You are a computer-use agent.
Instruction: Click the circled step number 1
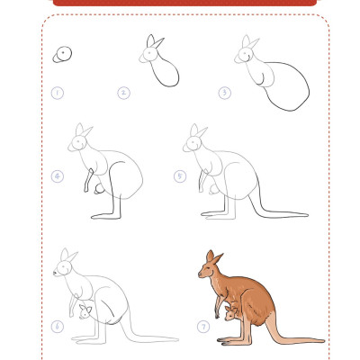tap(58, 93)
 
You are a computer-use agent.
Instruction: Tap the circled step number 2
tap(123, 93)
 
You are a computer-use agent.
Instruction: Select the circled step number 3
tap(225, 93)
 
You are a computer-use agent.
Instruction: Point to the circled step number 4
tap(58, 176)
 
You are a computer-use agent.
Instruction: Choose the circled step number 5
tap(180, 176)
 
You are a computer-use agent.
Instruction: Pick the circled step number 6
tap(58, 326)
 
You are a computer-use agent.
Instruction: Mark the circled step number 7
tap(203, 326)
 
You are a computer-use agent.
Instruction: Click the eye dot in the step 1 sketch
tap(63, 52)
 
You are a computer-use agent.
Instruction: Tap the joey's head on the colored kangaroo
tap(230, 313)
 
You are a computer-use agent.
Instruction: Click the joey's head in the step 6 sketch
tap(85, 312)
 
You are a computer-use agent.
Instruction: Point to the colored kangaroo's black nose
tap(200, 274)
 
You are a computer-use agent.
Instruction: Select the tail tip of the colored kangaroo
tap(323, 341)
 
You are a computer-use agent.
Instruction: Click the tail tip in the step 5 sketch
tap(306, 215)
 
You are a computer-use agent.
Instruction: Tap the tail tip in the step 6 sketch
tap(176, 340)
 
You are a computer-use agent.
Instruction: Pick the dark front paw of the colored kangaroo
tap(217, 315)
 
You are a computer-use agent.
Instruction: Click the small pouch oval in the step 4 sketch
tap(99, 189)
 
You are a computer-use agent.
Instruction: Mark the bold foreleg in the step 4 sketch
tap(88, 180)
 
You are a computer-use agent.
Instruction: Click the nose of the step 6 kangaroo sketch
tap(55, 273)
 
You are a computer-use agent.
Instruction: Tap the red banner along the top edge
tap(184, 3)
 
